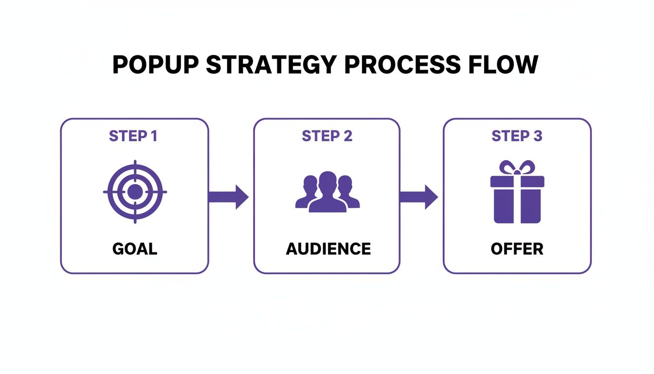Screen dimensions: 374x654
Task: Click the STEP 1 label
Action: (x=133, y=136)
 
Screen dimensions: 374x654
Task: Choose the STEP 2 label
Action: (x=327, y=136)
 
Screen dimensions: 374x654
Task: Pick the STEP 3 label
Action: (x=517, y=136)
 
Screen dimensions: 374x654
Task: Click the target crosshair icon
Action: (x=135, y=192)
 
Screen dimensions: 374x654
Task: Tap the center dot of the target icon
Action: (x=135, y=192)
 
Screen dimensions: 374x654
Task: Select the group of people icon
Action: (x=327, y=192)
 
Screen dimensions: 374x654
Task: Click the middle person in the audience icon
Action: (x=327, y=192)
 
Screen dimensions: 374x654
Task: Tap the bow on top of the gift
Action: (x=517, y=168)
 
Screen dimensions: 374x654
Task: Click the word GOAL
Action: (x=135, y=249)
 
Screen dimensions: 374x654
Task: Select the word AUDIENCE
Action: (x=328, y=249)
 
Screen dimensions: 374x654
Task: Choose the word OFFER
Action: (x=517, y=249)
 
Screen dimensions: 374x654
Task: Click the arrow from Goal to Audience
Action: (x=229, y=197)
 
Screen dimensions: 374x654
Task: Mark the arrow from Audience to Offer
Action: (x=419, y=197)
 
